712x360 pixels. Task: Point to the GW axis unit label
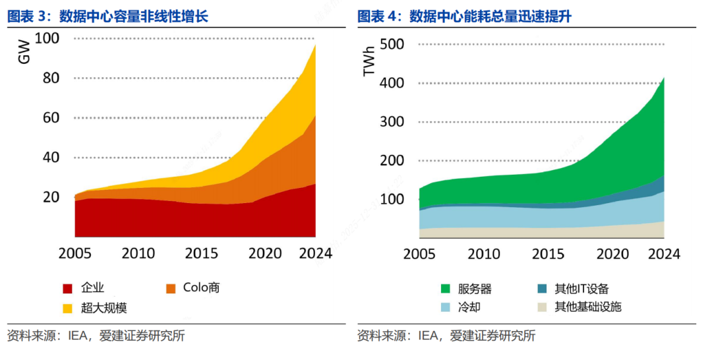(24, 52)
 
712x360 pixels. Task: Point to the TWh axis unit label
(369, 61)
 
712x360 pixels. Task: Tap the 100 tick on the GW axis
(47, 39)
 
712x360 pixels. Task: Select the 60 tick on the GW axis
(51, 118)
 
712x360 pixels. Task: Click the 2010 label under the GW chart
(138, 253)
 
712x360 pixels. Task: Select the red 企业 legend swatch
(67, 288)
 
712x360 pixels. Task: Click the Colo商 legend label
(201, 287)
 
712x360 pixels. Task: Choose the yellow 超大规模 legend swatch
(67, 308)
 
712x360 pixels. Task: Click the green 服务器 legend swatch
(445, 288)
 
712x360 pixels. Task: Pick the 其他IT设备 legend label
(581, 288)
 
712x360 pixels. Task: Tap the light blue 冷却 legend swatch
(445, 307)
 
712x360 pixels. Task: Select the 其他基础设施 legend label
(587, 307)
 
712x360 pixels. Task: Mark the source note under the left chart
(96, 336)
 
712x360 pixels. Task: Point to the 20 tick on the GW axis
(51, 197)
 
